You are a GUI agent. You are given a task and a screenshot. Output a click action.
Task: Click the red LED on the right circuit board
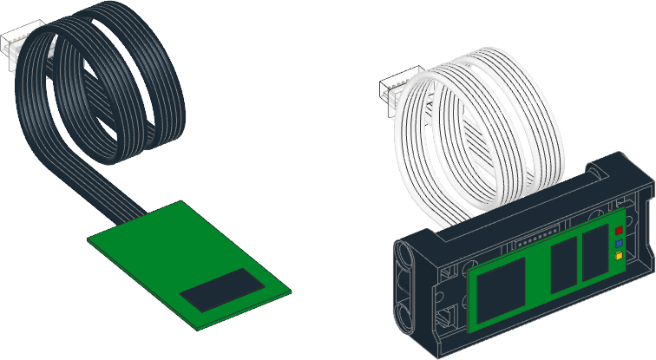coord(619,232)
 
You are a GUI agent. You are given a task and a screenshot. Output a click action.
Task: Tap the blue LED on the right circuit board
coord(619,245)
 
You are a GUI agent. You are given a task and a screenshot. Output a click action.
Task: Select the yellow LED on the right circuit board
coord(619,257)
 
